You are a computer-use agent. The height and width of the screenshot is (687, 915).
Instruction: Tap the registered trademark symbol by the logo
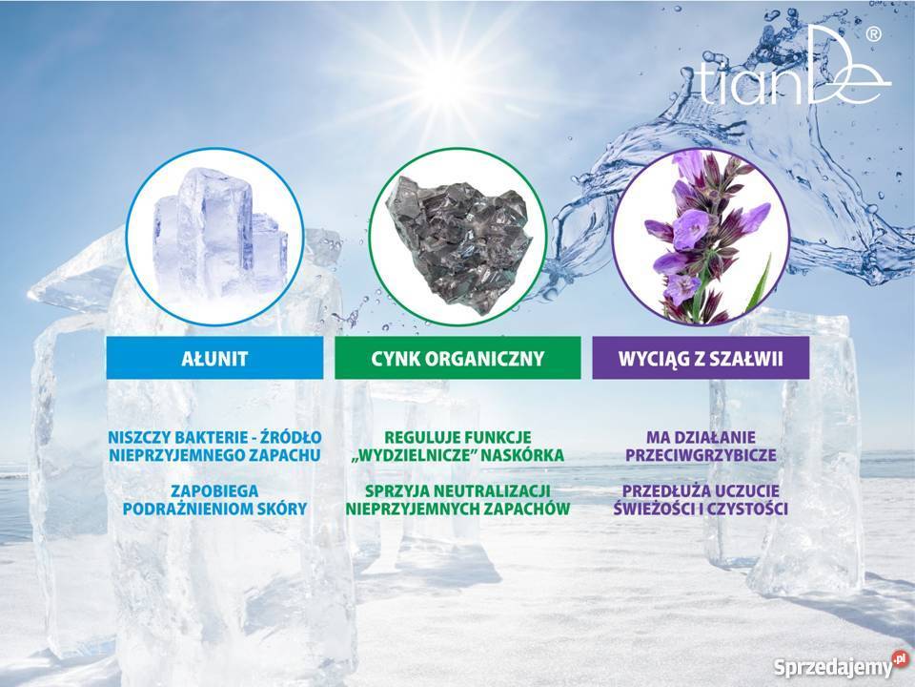coord(873,35)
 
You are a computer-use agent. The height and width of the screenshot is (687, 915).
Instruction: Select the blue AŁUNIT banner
coord(214,358)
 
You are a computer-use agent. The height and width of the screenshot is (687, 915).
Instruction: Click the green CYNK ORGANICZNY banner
coord(457,358)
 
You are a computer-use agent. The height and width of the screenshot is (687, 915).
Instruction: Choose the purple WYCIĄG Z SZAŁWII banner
coord(701,358)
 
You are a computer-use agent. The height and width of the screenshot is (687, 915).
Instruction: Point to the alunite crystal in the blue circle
coord(220,235)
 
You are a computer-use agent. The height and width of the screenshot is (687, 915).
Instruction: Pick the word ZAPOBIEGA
coord(214,490)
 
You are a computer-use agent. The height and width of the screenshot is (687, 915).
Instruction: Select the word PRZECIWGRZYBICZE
coord(701,455)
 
